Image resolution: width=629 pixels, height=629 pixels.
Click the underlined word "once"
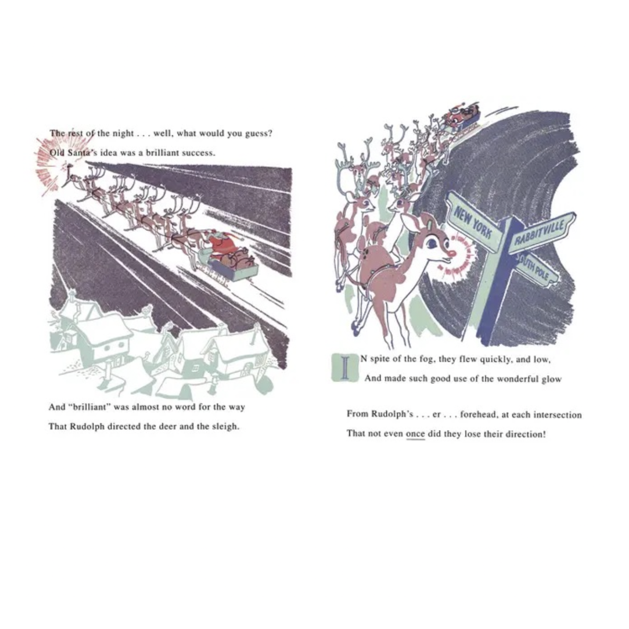point(415,434)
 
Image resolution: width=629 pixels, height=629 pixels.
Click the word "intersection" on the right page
point(557,415)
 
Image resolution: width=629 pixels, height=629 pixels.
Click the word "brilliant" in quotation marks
point(91,407)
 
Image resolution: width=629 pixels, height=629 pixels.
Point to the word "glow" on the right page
point(551,379)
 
